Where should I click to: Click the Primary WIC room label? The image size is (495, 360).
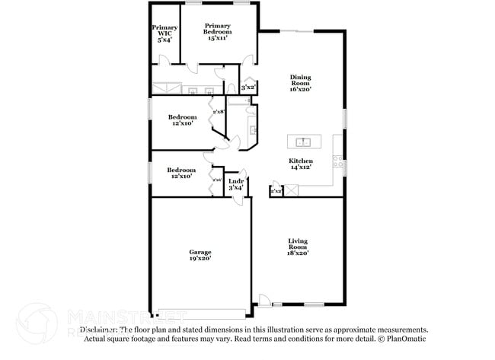tap(166, 30)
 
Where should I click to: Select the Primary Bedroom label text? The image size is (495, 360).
tap(217, 29)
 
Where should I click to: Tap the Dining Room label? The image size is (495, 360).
tap(300, 79)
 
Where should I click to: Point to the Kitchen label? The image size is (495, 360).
tap(300, 161)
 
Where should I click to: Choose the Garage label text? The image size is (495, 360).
tap(200, 252)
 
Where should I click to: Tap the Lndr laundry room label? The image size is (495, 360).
tap(235, 181)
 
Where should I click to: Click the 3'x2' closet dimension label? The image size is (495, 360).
tap(247, 88)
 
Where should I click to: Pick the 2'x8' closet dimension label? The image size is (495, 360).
tap(219, 112)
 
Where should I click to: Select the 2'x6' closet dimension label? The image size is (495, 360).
tap(217, 180)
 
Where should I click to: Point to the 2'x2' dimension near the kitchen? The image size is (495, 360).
tap(276, 191)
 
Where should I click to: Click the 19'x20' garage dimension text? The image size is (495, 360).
tap(200, 259)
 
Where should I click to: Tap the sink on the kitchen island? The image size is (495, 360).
tap(303, 142)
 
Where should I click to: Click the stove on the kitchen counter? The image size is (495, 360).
tap(337, 161)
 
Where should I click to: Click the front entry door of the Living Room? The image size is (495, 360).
tap(263, 301)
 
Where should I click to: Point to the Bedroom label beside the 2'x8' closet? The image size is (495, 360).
tap(183, 117)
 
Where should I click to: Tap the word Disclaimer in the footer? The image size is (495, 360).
tap(97, 330)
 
